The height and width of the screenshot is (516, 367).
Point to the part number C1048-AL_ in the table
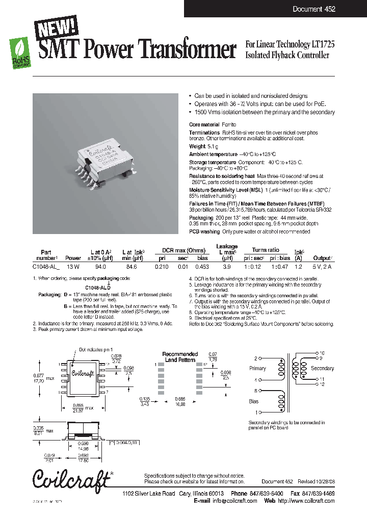click(46, 266)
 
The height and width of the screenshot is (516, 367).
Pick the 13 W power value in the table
click(73, 266)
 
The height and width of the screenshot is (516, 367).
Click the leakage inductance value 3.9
click(227, 266)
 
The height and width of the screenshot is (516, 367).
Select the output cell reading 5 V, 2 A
click(322, 266)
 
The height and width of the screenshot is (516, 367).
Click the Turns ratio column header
click(266, 250)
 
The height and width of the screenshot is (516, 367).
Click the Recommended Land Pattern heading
click(180, 356)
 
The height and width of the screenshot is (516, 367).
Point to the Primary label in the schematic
click(257, 368)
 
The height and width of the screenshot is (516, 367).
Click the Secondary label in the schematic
click(322, 368)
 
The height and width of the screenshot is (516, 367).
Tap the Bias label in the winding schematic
click(253, 402)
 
